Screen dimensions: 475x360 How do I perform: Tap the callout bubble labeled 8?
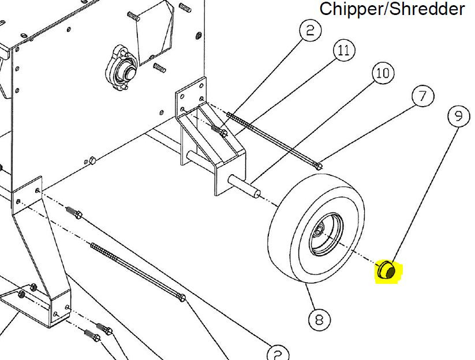[x=319, y=320]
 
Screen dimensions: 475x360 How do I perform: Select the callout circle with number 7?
[x=423, y=96]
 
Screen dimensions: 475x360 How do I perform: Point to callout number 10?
[x=383, y=73]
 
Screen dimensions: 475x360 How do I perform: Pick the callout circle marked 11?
[x=344, y=50]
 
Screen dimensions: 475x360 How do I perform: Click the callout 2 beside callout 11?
[x=310, y=30]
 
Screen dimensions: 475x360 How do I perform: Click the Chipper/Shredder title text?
[x=392, y=9]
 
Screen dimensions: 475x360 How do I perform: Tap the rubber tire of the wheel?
[x=316, y=228]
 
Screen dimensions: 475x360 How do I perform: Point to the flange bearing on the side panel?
[x=122, y=68]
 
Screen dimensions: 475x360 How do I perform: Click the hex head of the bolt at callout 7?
[x=318, y=166]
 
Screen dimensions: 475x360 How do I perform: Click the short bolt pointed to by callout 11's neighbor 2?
[x=219, y=130]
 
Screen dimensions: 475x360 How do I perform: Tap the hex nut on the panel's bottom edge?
[x=92, y=160]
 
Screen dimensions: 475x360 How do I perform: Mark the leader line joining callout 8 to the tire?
[x=310, y=297]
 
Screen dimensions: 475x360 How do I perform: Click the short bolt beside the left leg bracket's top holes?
[x=74, y=212]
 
